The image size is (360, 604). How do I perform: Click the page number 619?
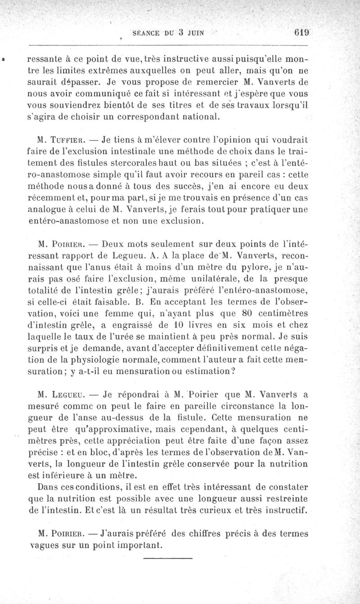(300, 32)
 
